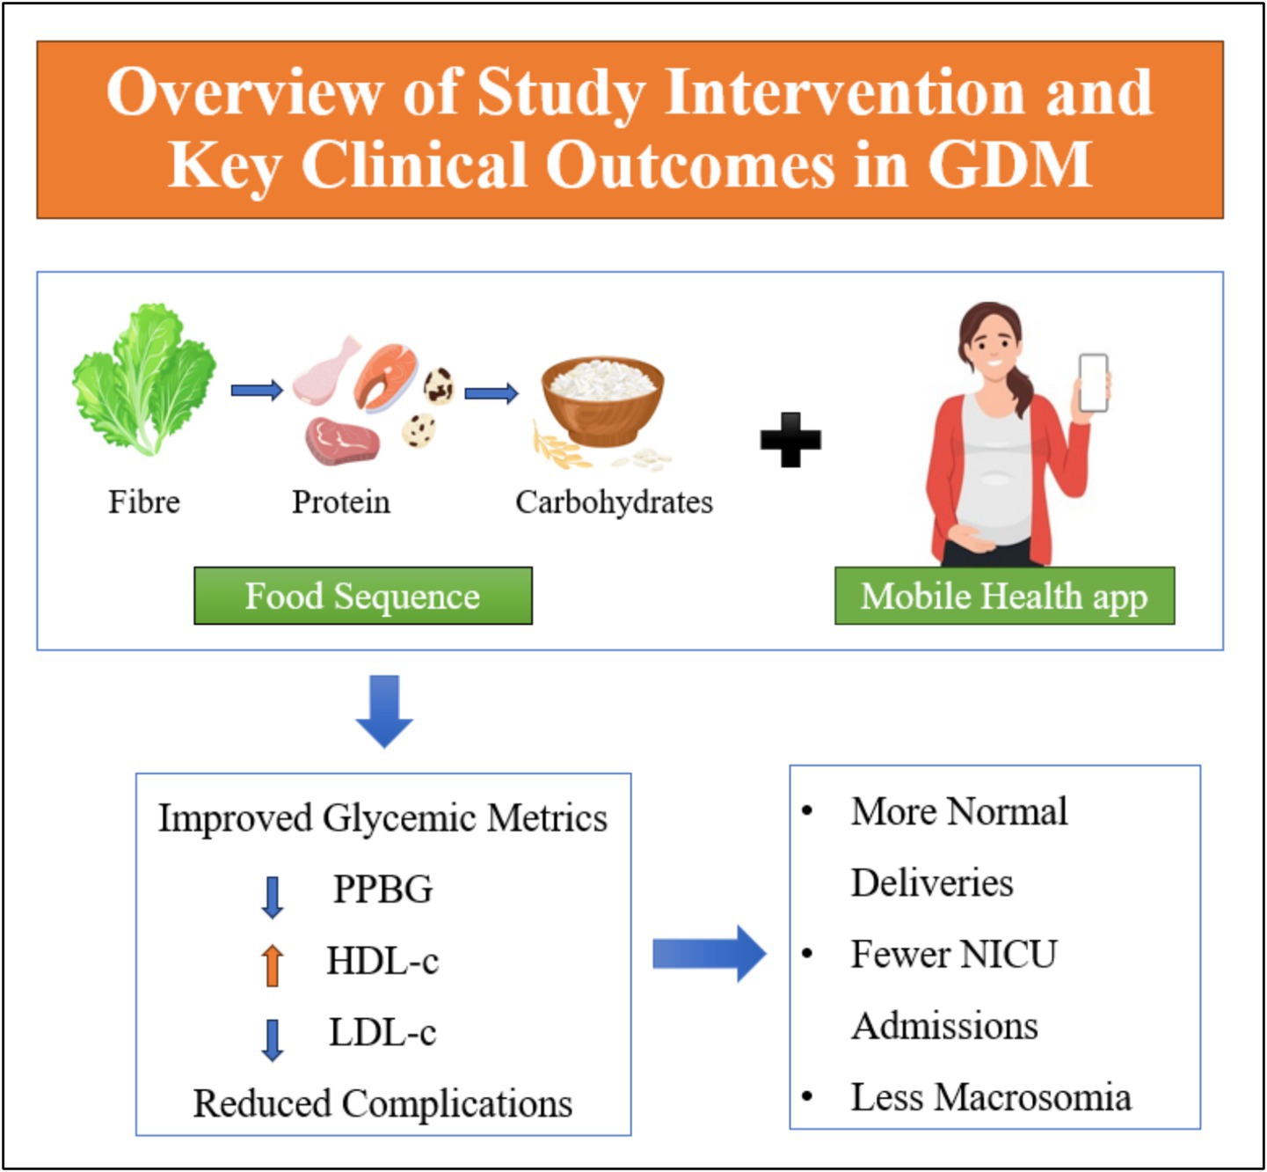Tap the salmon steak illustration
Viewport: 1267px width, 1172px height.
pyautogui.click(x=386, y=375)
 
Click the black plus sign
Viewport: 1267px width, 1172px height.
pyautogui.click(x=790, y=439)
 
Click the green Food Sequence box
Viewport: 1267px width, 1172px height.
pyautogui.click(x=363, y=596)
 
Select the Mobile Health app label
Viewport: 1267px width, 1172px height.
pyautogui.click(x=1004, y=596)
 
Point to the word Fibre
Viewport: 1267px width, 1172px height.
pyautogui.click(x=144, y=502)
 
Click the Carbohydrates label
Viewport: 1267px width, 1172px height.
pyautogui.click(x=614, y=502)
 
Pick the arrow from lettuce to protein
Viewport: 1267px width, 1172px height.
pyautogui.click(x=257, y=390)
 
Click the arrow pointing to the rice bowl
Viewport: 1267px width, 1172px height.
pyautogui.click(x=492, y=392)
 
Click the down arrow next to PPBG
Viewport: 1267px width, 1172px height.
pyautogui.click(x=273, y=897)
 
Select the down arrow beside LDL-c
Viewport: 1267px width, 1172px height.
pyautogui.click(x=273, y=1040)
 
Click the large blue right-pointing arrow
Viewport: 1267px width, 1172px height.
pyautogui.click(x=709, y=954)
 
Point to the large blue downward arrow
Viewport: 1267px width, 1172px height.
pyautogui.click(x=384, y=711)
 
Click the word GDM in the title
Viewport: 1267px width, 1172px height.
pyautogui.click(x=1010, y=165)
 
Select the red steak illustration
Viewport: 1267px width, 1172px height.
pyautogui.click(x=343, y=441)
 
